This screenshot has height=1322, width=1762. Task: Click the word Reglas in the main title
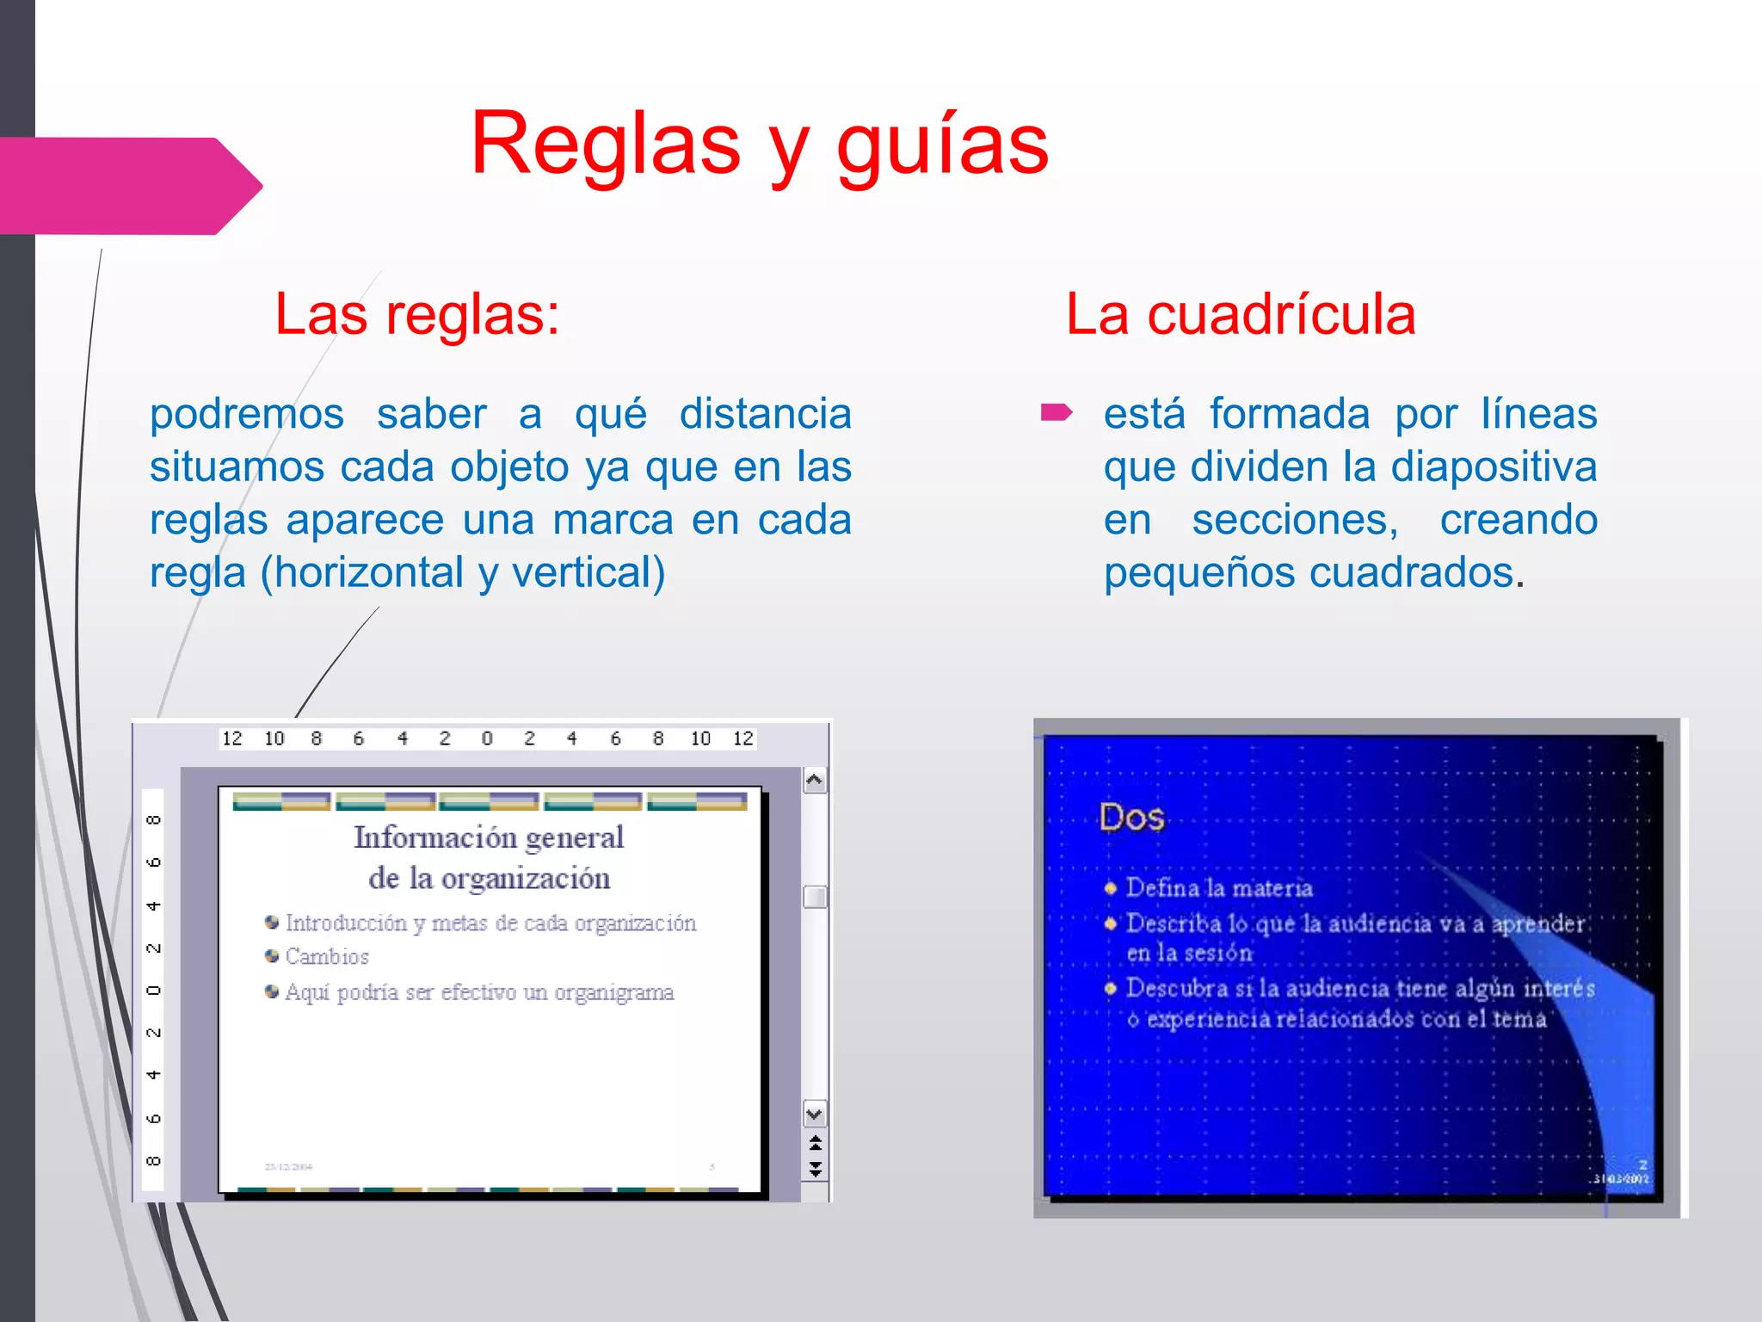tap(605, 144)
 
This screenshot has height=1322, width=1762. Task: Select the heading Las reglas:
tap(417, 313)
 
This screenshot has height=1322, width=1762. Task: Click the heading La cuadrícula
tap(1240, 313)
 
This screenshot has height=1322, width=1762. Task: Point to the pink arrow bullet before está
tap(1056, 413)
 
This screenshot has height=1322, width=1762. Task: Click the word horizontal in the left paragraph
tap(361, 572)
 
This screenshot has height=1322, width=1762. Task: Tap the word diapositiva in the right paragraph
tap(1494, 466)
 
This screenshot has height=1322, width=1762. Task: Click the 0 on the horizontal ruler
tap(487, 738)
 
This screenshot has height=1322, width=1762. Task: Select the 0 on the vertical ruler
tap(153, 990)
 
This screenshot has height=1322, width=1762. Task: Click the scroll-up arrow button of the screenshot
tap(815, 781)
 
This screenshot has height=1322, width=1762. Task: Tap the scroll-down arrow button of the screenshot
tap(815, 1115)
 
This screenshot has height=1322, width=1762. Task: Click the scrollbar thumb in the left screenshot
tap(815, 897)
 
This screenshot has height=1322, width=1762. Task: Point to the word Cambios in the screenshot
tap(327, 957)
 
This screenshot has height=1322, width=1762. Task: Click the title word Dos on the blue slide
tap(1131, 817)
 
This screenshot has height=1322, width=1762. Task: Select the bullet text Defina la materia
tap(1219, 888)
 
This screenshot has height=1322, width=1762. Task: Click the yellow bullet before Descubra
tap(1111, 988)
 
